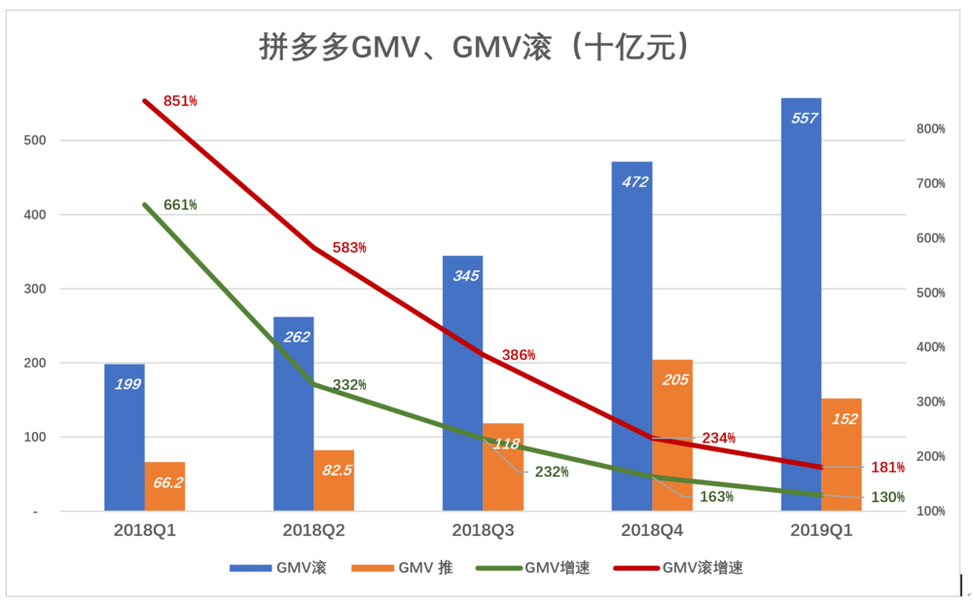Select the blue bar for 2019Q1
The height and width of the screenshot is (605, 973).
801,311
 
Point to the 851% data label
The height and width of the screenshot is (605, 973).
180,101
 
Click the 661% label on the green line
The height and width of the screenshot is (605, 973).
180,205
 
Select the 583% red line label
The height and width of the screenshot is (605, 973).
349,248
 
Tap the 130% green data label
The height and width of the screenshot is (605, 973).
887,497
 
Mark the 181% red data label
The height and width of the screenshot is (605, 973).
887,468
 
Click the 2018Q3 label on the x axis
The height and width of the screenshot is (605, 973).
484,531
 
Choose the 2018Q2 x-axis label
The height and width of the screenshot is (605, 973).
314,531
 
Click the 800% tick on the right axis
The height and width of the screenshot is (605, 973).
931,129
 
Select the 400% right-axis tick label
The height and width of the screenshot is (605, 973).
931,347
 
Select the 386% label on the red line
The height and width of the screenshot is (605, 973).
519,355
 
